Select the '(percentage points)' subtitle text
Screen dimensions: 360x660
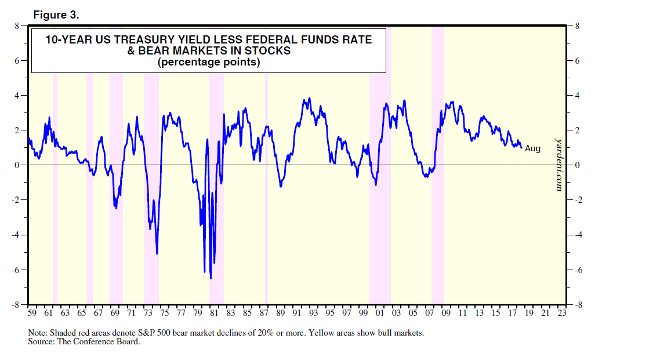coord(209,63)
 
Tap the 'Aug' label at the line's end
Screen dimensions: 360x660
coord(532,149)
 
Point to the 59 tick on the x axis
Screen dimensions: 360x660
coord(32,314)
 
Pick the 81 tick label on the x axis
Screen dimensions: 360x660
coord(214,314)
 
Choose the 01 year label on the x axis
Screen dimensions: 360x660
coord(380,314)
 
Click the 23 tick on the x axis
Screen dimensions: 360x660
coord(561,314)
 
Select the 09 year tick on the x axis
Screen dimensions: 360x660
coord(446,314)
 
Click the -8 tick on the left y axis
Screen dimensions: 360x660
coord(17,304)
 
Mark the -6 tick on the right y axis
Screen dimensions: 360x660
coord(576,270)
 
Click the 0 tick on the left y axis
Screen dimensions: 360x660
coord(19,165)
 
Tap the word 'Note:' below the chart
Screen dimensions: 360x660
coord(38,334)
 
